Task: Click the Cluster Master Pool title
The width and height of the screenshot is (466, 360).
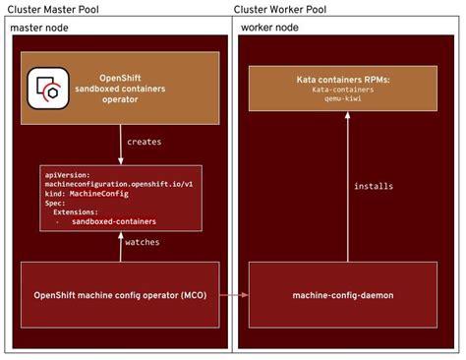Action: (56, 9)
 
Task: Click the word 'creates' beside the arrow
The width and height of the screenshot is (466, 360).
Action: (145, 142)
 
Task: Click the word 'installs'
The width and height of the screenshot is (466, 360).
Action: (374, 185)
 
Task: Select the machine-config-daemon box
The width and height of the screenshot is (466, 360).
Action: (345, 294)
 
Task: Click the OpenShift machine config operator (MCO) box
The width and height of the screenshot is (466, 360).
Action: (120, 294)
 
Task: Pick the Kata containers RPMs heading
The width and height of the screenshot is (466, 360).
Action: (344, 77)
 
